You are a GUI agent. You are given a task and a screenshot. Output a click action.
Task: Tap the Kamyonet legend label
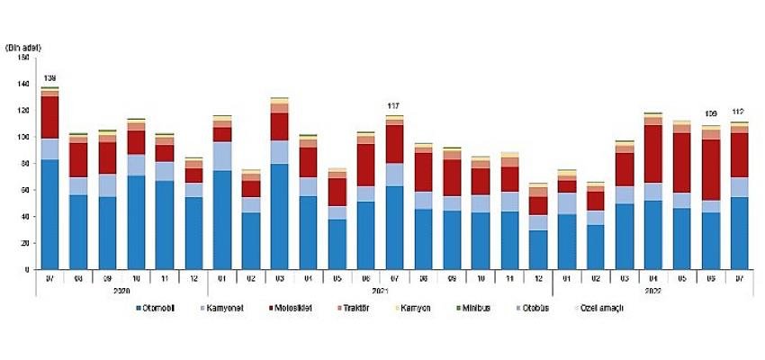click(x=225, y=309)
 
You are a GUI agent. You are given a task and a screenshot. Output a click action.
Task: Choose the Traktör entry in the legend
click(x=359, y=309)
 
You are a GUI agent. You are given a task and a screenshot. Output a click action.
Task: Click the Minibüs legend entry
click(x=487, y=309)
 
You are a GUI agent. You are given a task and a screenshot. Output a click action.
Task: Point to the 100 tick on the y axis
click(x=25, y=137)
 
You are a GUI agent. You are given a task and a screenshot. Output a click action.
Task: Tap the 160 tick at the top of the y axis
click(x=25, y=57)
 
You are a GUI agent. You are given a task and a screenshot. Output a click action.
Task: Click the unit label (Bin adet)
click(x=24, y=46)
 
